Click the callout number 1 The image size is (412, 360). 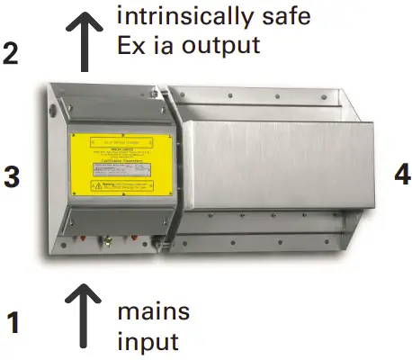13,322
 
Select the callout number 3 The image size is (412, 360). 12,177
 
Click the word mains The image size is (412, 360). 154,311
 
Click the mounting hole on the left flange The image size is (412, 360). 54,112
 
